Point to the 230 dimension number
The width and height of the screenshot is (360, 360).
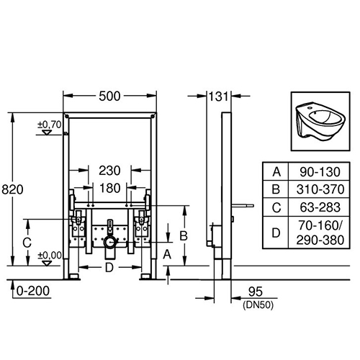pyautogui.click(x=109, y=171)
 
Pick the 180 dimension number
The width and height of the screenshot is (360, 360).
pyautogui.click(x=109, y=188)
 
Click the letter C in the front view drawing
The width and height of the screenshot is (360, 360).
pyautogui.click(x=27, y=243)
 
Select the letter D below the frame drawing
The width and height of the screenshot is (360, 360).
pyautogui.click(x=109, y=268)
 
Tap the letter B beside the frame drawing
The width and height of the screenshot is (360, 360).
pyautogui.click(x=184, y=235)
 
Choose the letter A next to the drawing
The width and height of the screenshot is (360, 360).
pyautogui.click(x=167, y=254)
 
